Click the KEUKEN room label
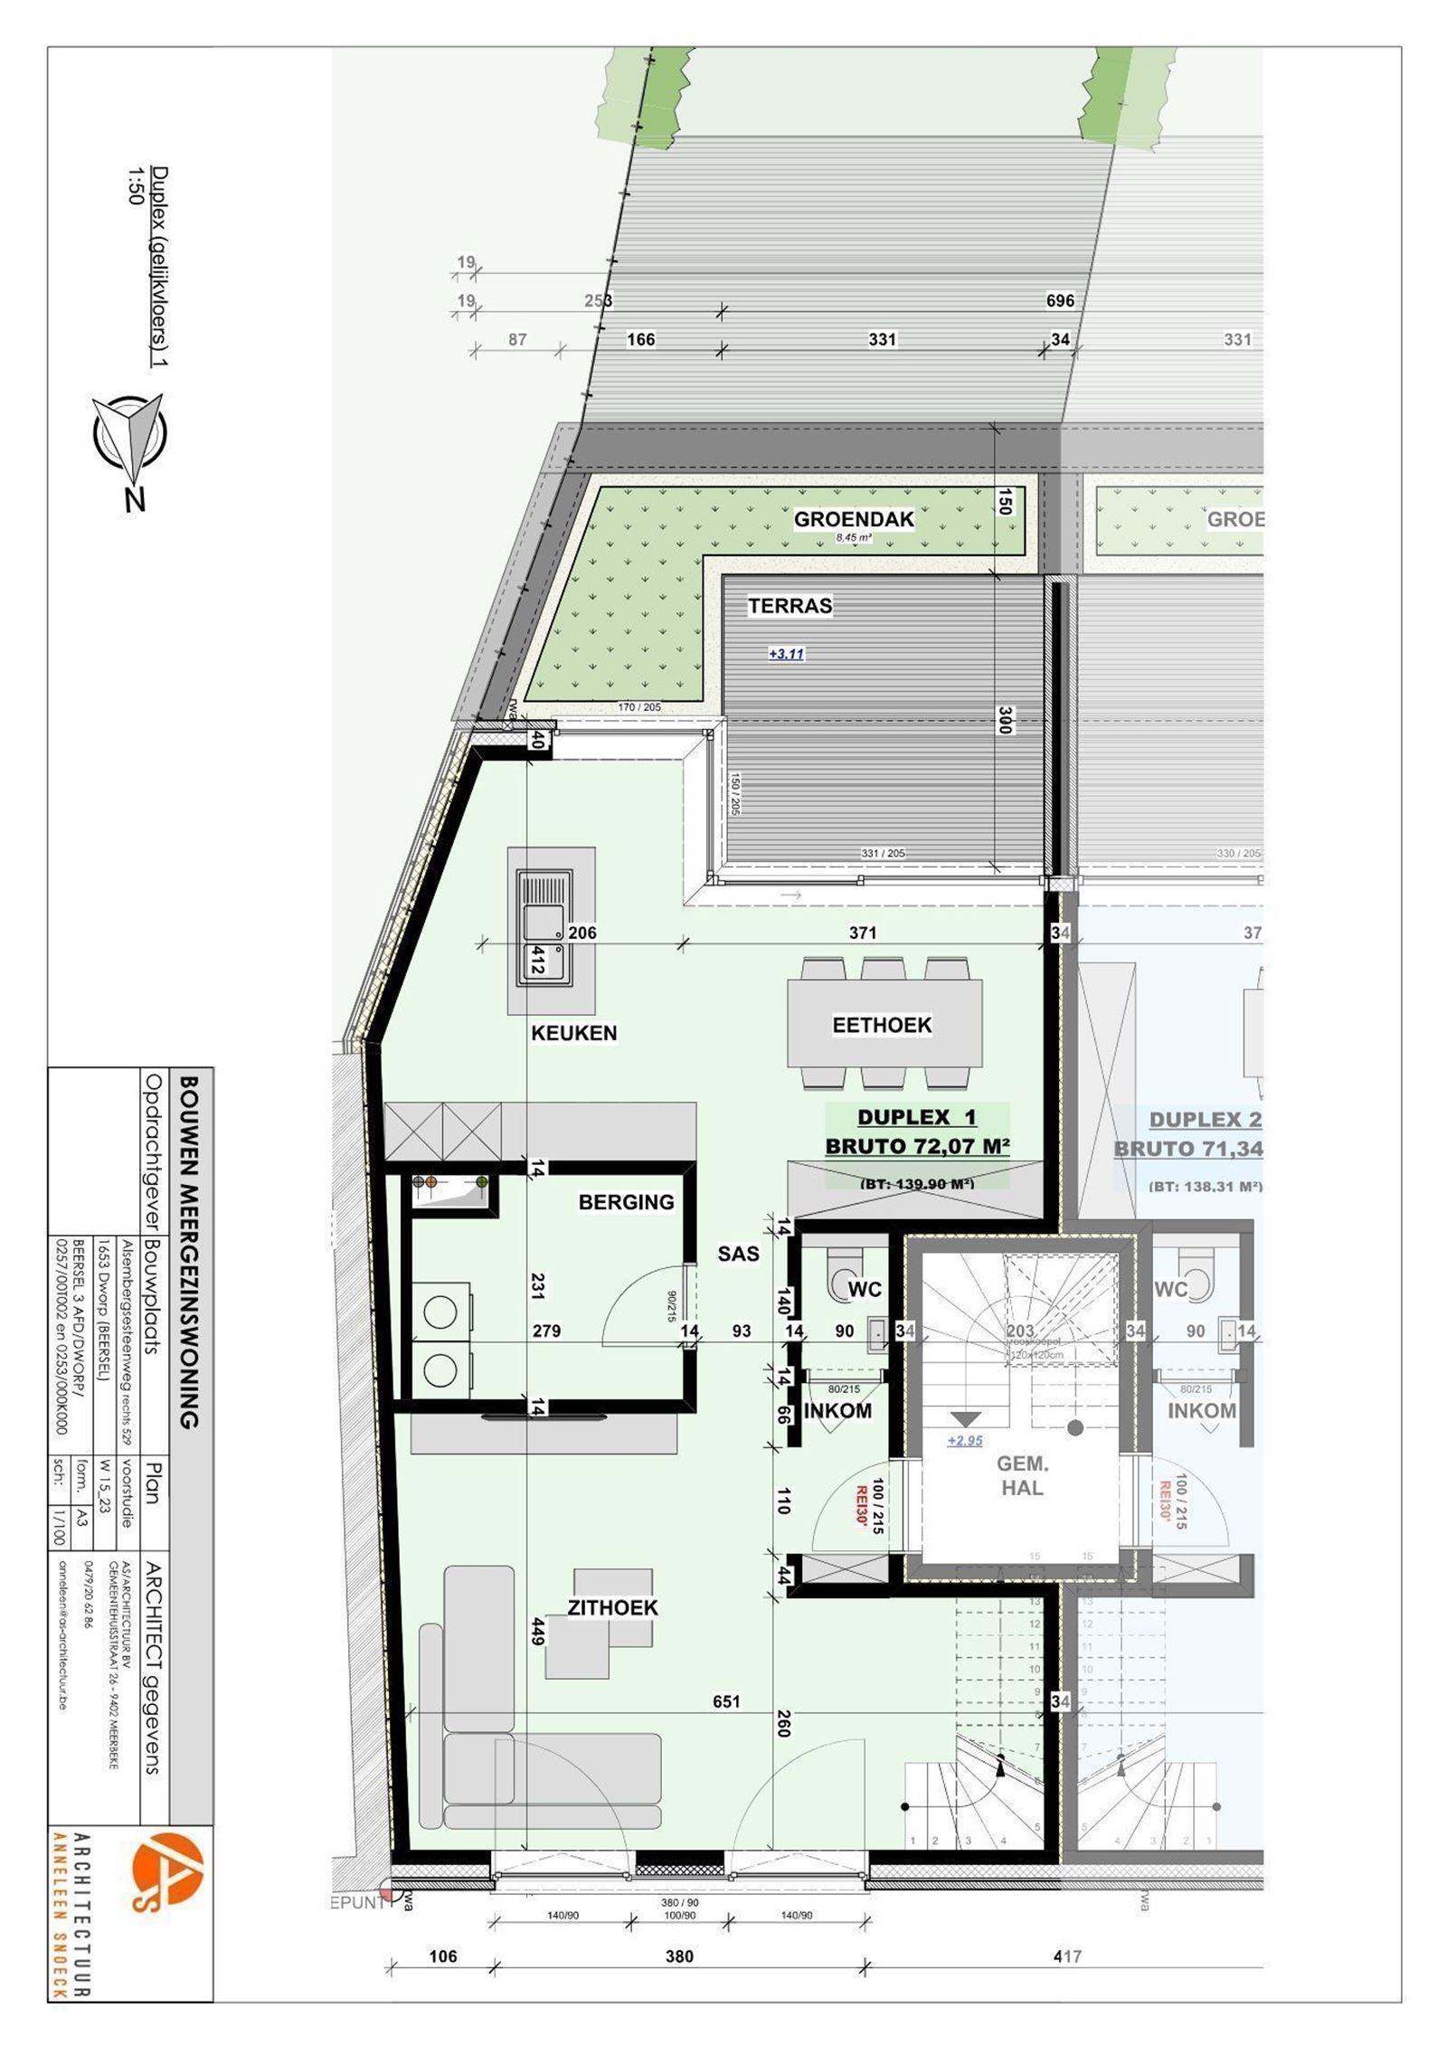point(573,1033)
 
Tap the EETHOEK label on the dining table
point(882,1025)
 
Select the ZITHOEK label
point(612,1607)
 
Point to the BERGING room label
point(626,1202)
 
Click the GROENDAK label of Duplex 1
point(854,519)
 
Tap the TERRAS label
point(790,606)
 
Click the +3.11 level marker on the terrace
point(786,654)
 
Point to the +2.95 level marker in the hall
point(965,1441)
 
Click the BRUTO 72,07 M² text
point(917,1147)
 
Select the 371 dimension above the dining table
point(862,933)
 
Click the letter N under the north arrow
point(135,499)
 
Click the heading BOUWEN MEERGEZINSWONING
point(189,1252)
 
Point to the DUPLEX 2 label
point(1204,1120)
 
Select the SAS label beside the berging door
point(738,1254)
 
